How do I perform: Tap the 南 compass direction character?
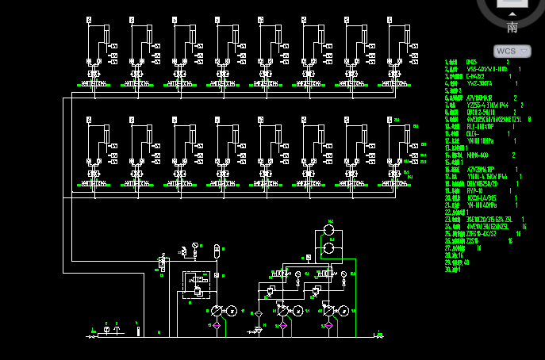512,28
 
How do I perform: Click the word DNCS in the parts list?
471,62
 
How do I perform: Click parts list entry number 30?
453,270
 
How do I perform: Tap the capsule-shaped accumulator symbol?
217,253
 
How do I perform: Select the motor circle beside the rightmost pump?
344,312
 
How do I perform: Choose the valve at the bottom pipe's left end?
92,336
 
